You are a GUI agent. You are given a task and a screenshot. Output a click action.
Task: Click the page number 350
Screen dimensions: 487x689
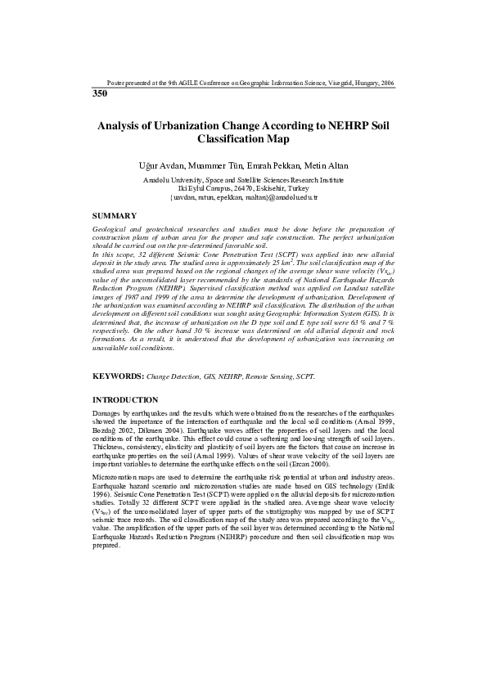click(100, 94)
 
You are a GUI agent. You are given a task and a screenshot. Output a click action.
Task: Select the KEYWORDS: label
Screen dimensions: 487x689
click(119, 376)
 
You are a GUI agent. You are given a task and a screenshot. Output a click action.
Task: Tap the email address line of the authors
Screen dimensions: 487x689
click(243, 198)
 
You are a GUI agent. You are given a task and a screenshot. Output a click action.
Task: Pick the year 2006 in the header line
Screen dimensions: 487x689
click(388, 83)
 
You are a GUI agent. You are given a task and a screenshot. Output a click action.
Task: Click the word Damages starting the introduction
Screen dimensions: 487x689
click(108, 413)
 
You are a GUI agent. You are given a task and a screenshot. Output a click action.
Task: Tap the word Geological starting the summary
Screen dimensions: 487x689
click(110, 230)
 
